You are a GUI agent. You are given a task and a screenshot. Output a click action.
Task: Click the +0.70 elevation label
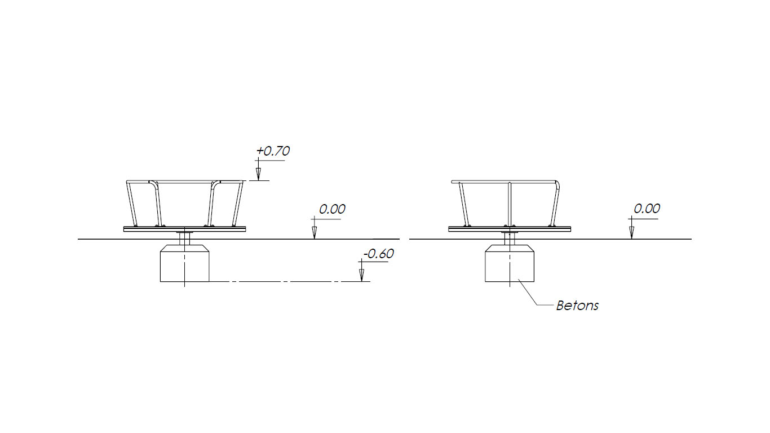pyautogui.click(x=273, y=151)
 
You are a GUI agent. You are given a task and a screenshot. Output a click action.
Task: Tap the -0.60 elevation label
pyautogui.click(x=378, y=254)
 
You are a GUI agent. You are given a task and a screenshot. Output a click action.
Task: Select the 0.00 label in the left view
pyautogui.click(x=332, y=209)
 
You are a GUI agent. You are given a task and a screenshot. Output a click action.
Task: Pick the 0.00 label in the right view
pyautogui.click(x=647, y=209)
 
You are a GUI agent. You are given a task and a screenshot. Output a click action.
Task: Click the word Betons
pyautogui.click(x=577, y=306)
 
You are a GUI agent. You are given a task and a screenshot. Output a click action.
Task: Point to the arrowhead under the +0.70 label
pyautogui.click(x=259, y=174)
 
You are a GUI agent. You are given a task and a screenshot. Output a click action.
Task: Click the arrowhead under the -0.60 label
pyautogui.click(x=362, y=275)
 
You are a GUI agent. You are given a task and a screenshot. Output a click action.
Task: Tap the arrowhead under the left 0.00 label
pyautogui.click(x=314, y=233)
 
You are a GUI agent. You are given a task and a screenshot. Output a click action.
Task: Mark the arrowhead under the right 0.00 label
pyautogui.click(x=631, y=233)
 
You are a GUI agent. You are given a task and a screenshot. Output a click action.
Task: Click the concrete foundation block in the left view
pyautogui.click(x=184, y=263)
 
